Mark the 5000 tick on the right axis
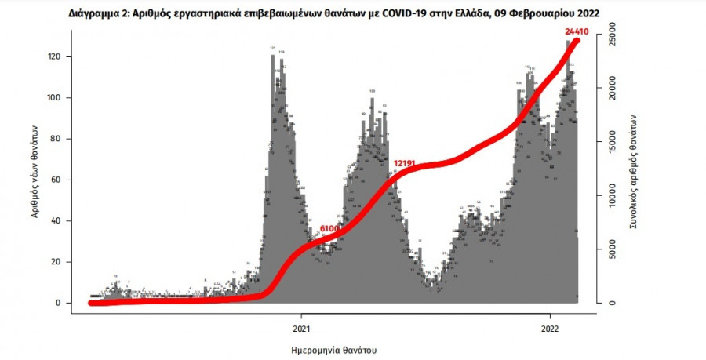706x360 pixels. coord(613,249)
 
